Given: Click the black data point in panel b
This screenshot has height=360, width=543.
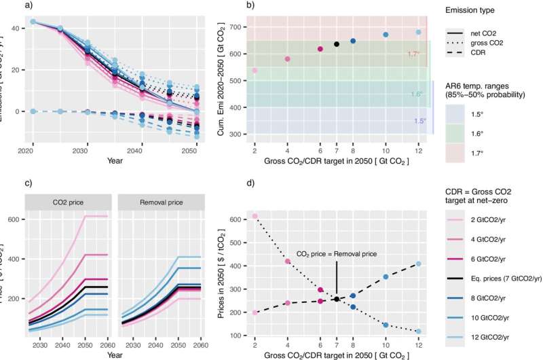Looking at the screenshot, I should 337,44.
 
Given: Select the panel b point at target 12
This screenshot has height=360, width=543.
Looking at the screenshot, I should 418,32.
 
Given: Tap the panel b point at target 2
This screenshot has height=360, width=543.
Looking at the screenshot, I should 255,71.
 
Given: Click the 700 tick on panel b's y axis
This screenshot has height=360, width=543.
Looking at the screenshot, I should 237,26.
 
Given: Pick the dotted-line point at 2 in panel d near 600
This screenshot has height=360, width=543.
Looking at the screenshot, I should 255,216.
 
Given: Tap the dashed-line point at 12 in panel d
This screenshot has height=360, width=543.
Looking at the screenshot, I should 418,264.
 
